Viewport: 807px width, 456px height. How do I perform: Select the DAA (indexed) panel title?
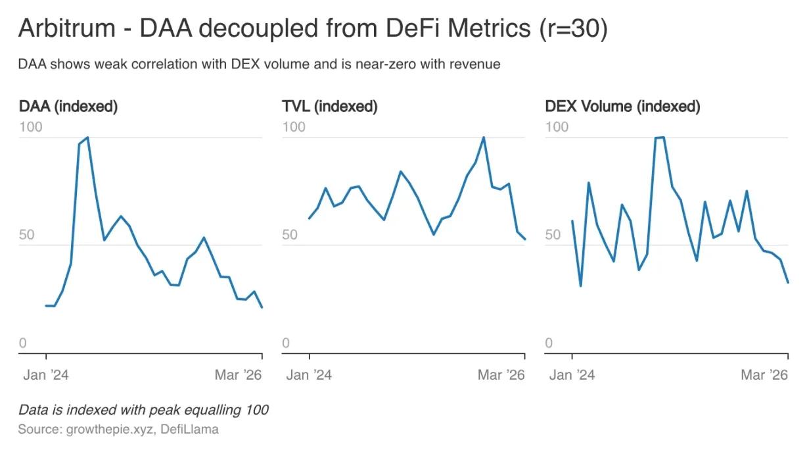pyautogui.click(x=68, y=106)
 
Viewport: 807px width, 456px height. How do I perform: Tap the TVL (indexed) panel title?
pyautogui.click(x=330, y=106)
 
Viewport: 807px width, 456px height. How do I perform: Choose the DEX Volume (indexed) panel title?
pyautogui.click(x=622, y=106)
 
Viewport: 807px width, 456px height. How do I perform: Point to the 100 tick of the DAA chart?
pyautogui.click(x=30, y=126)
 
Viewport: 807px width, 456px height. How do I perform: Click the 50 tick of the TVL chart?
pyautogui.click(x=294, y=235)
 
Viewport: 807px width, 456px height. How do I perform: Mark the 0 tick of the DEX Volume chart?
pyautogui.click(x=549, y=343)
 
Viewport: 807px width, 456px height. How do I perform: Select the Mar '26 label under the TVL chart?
pyautogui.click(x=501, y=375)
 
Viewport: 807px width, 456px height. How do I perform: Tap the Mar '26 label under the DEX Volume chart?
pyautogui.click(x=764, y=375)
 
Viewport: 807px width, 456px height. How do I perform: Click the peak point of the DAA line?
pyautogui.click(x=87, y=138)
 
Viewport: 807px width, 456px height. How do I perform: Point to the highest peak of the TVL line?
pyautogui.click(x=484, y=138)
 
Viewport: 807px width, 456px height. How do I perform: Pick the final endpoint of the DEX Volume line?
pyautogui.click(x=788, y=283)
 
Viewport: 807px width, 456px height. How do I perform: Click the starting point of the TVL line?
pyautogui.click(x=309, y=218)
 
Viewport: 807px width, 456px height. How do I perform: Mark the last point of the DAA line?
pyautogui.click(x=262, y=307)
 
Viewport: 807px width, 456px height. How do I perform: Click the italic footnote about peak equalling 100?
pyautogui.click(x=143, y=410)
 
